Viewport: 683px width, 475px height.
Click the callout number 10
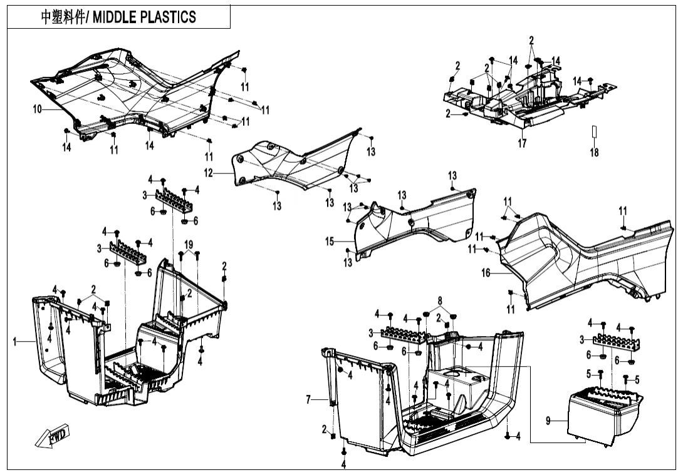tap(38, 109)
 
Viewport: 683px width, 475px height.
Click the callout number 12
tap(208, 173)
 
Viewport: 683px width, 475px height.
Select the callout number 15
tap(330, 240)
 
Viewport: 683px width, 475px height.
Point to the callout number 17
tap(522, 143)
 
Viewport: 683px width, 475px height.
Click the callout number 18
tap(594, 152)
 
